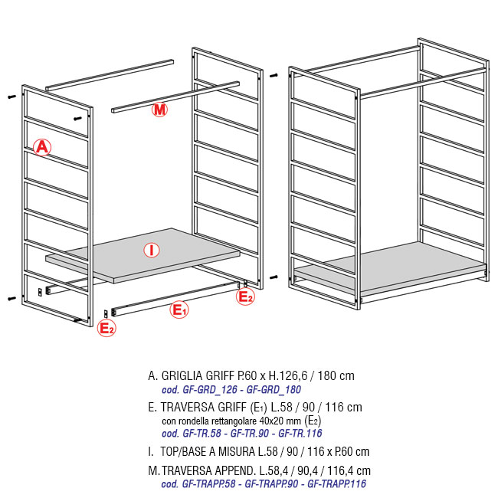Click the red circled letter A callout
coord(42,147)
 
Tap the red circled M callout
coord(159,110)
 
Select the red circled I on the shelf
coord(152,251)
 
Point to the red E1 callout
coord(179,310)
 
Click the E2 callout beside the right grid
coord(245,297)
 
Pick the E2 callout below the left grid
coord(106,328)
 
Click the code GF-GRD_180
coord(274,390)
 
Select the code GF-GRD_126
coord(210,390)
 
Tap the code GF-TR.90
coord(250,434)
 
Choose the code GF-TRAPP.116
coord(336,484)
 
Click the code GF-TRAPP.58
coord(208,484)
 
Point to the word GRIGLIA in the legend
coord(182,375)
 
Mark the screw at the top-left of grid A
coord(11,97)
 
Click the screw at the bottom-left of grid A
coord(11,299)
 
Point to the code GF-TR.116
coord(300,434)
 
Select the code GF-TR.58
coord(201,434)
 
